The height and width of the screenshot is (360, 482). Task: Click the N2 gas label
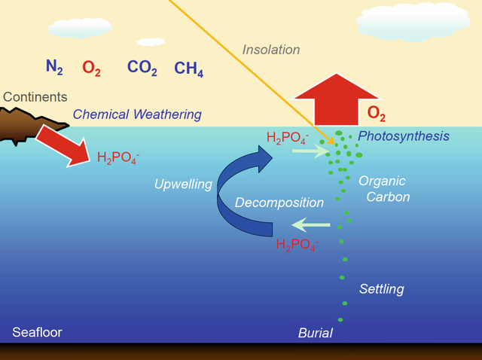(x=54, y=68)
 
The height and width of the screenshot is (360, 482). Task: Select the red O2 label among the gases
(x=92, y=69)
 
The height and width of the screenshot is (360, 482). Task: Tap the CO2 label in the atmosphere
(x=142, y=69)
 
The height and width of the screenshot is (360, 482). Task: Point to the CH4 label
(x=188, y=69)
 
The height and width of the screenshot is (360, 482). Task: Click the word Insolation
(x=271, y=50)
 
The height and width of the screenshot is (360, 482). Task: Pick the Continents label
(x=35, y=97)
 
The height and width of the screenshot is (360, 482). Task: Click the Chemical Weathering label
(x=137, y=114)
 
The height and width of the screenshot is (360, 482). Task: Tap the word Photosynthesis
(x=403, y=136)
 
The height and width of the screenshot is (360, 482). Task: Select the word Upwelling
(x=183, y=184)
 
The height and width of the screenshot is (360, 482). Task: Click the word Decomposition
(x=279, y=203)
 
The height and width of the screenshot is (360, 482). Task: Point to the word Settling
(x=381, y=288)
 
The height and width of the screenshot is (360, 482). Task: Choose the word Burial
(x=316, y=332)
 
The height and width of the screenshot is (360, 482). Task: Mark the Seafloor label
(x=37, y=332)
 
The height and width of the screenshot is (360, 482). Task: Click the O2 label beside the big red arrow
(x=377, y=114)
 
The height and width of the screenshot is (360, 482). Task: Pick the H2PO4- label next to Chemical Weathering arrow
(x=118, y=157)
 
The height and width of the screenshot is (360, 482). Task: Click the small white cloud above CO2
(x=151, y=41)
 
